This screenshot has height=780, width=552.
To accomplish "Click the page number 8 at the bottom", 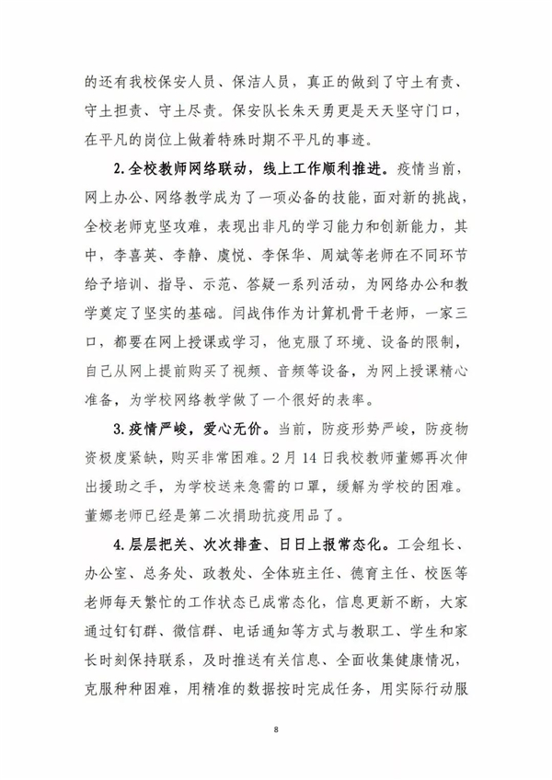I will [276, 728].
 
